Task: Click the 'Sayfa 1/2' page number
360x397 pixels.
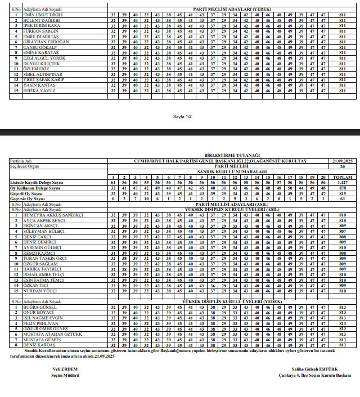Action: (x=183, y=116)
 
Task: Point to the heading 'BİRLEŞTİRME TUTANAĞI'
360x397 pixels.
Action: (x=231, y=155)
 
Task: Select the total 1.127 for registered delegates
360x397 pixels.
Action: (x=342, y=182)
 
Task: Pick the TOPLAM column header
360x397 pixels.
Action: (x=342, y=177)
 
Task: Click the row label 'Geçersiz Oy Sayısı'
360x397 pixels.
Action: (x=28, y=198)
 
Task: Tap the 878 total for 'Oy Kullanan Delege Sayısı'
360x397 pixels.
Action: (x=342, y=187)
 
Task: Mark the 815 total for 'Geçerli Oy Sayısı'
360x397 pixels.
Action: (x=342, y=192)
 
